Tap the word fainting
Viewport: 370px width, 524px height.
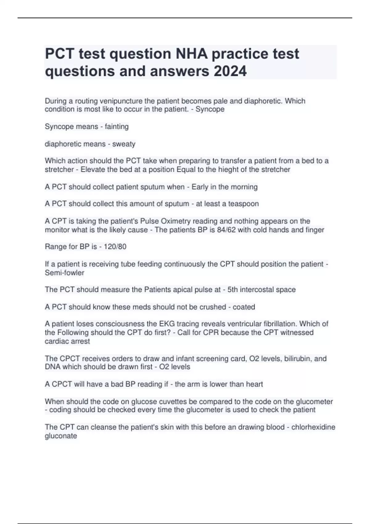click(117, 126)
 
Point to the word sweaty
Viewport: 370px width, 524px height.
click(124, 144)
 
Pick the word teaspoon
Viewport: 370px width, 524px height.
click(243, 204)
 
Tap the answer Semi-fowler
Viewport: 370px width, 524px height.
click(64, 272)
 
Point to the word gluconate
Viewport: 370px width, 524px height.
click(61, 436)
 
